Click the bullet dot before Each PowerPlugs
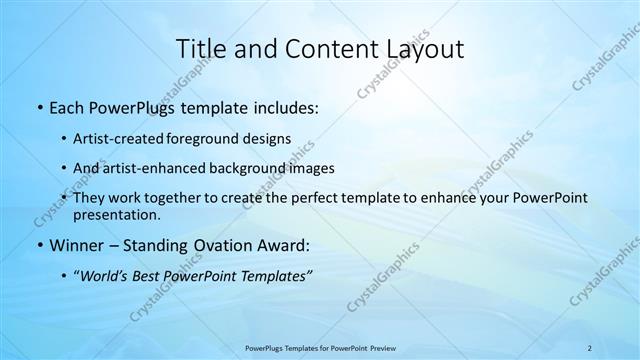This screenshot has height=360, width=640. coord(38,108)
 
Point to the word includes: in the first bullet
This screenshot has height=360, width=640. coord(287,108)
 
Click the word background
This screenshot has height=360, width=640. coord(240,168)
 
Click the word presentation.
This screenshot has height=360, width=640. coord(116,214)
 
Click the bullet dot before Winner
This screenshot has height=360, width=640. coord(38,244)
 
